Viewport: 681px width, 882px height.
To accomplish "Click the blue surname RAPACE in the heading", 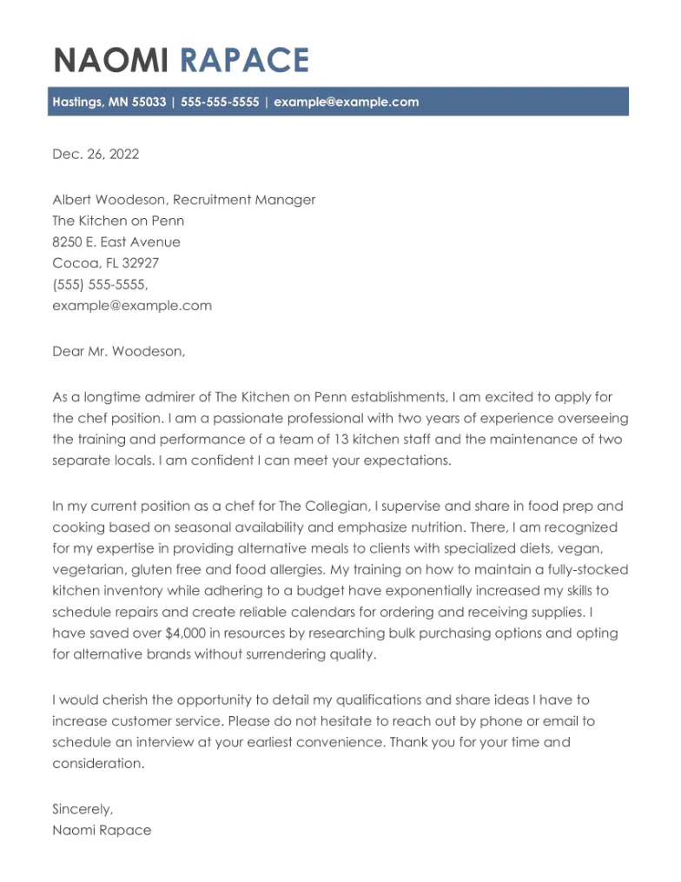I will (x=244, y=61).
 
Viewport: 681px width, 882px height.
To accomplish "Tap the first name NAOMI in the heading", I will (x=113, y=61).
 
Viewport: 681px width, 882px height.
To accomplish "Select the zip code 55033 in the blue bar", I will (x=149, y=102).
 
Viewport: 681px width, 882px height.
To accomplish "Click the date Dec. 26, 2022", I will (x=96, y=155).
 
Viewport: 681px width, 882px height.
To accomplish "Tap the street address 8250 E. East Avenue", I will (x=116, y=242).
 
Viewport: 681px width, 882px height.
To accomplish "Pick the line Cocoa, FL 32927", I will (x=105, y=263).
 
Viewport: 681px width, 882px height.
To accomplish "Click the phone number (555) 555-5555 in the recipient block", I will (x=100, y=284).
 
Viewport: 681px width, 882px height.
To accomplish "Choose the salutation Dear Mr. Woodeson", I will (x=119, y=352).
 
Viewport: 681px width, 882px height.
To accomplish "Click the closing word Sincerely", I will (x=83, y=809).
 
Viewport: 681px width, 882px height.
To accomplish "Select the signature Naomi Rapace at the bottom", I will (x=102, y=830).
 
